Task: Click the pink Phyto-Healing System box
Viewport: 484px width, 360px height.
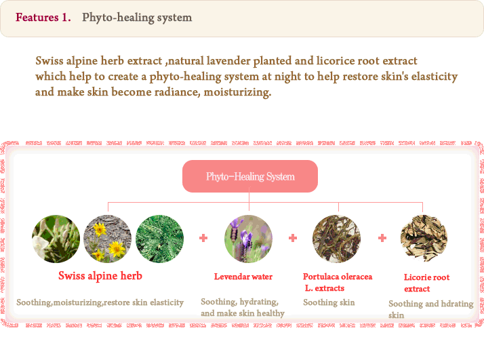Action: [x=250, y=176]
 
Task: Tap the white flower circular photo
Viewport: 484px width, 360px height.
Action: [x=56, y=239]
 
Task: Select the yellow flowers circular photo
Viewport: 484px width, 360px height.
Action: [x=107, y=239]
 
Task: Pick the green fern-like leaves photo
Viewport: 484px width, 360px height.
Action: [x=159, y=239]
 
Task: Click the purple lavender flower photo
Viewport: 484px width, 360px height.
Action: [x=249, y=239]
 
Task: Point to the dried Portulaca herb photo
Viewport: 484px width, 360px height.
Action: [x=336, y=239]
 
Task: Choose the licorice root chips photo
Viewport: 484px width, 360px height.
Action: [x=424, y=239]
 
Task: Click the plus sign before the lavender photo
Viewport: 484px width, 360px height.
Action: [x=203, y=238]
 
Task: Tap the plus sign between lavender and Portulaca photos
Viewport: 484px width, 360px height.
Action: [x=293, y=238]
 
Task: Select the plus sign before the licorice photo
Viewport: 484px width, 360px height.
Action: [x=382, y=238]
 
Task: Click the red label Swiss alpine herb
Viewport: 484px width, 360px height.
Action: [x=100, y=276]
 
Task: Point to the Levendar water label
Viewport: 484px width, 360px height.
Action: [x=243, y=277]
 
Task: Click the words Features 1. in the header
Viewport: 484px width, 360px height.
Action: [x=43, y=18]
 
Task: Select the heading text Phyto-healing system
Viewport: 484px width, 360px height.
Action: [x=137, y=18]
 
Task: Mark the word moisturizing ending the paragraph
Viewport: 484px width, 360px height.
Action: [x=237, y=92]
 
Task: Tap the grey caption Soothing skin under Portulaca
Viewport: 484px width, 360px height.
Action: [x=329, y=302]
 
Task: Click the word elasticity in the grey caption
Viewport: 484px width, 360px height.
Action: [x=167, y=302]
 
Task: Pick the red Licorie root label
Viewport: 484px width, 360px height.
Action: [x=426, y=277]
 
